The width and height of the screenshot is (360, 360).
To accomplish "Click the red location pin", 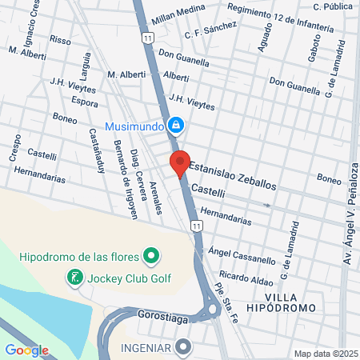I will (180, 162).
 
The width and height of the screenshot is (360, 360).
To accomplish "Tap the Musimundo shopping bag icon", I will (177, 126).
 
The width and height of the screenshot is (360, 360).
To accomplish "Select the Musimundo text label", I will (134, 126).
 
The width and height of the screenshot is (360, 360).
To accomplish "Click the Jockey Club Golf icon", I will (74, 278).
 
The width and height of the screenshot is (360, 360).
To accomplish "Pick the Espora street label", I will (84, 103).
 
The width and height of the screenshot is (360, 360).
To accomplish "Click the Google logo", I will (26, 350).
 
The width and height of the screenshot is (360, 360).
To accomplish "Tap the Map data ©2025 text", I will (324, 354).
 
